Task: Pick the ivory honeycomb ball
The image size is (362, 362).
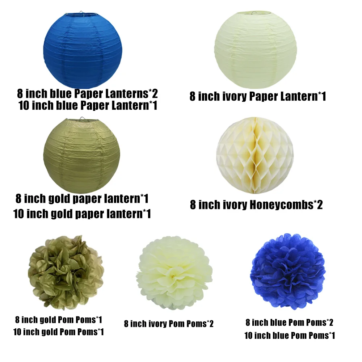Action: [255, 155]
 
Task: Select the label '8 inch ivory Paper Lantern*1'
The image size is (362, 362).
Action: [258, 96]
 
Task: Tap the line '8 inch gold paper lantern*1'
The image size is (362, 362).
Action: [82, 199]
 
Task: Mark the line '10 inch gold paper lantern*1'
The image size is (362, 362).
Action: [82, 214]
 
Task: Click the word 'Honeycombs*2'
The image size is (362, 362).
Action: [286, 205]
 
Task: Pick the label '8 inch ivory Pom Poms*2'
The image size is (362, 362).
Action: [169, 324]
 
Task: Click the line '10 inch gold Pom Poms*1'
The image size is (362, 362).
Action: [59, 332]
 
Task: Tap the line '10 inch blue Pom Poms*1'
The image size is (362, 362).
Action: [290, 336]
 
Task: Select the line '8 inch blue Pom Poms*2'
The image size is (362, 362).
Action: [290, 322]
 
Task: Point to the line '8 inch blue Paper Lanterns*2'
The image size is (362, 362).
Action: [87, 94]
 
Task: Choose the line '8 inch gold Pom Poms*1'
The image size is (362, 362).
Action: [59, 320]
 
